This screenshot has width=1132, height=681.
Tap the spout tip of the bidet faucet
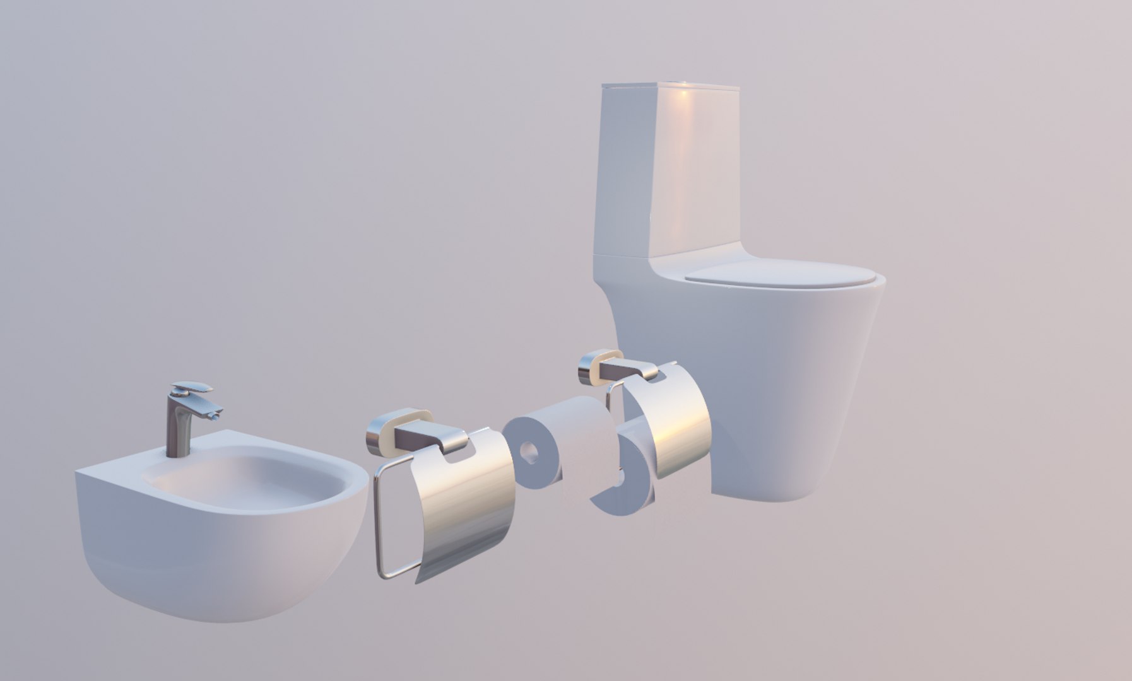216,415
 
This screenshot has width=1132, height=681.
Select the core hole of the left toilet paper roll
529,452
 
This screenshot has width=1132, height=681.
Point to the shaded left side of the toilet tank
625,170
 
